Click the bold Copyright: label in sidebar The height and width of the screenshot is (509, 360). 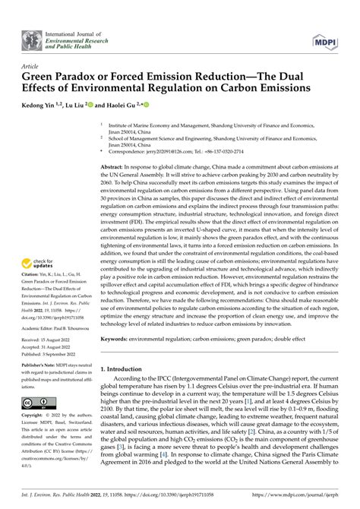point(35,416)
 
